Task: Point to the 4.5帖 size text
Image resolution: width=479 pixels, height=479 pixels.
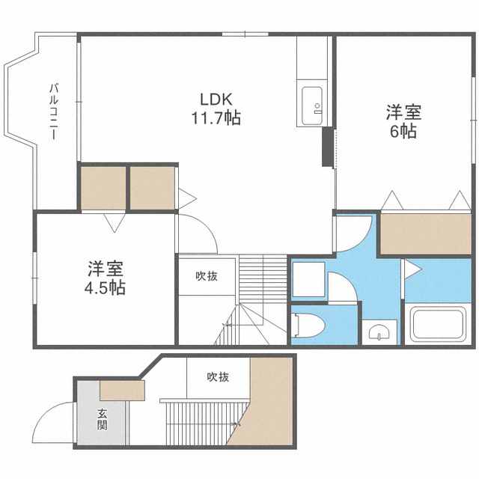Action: tap(106, 287)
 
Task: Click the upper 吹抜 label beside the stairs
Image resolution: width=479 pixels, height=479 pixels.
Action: tap(207, 275)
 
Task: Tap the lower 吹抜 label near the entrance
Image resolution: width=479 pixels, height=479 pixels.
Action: tap(218, 376)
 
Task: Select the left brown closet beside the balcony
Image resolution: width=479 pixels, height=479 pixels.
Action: tap(103, 187)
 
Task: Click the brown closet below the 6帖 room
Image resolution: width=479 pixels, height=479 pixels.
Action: tap(427, 234)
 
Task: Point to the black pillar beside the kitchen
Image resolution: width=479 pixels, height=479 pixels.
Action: tap(327, 147)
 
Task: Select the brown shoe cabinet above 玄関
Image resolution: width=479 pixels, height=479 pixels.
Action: tap(121, 390)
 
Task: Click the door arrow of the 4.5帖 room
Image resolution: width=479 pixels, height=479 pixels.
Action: tap(115, 222)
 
